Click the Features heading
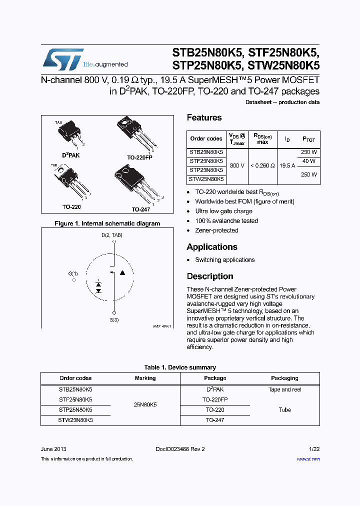[204, 117]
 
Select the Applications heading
[212, 247]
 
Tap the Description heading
[210, 276]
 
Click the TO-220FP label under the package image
[139, 157]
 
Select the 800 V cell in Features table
[237, 165]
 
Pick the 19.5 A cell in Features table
[287, 165]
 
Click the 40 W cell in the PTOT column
[308, 161]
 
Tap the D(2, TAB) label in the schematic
[112, 235]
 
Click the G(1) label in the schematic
[73, 273]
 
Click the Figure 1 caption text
[107, 223]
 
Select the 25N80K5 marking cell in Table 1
[145, 404]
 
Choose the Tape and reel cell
[284, 389]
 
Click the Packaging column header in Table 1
[284, 378]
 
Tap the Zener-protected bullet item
[216, 230]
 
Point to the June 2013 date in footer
[53, 449]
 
